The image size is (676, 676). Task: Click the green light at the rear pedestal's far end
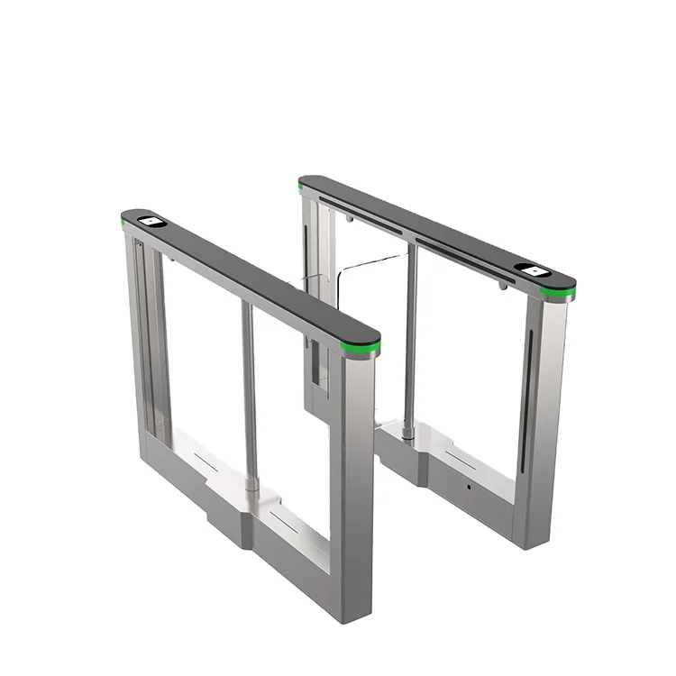coord(303,183)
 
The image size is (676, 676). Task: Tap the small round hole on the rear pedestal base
coord(469,488)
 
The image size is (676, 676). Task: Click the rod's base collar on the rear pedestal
coord(408,434)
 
